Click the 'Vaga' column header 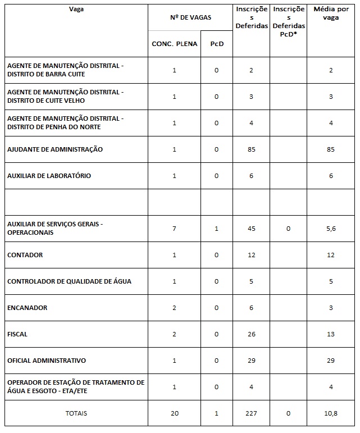[73, 10]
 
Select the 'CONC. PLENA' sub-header [175, 44]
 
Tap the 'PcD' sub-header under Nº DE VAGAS [216, 44]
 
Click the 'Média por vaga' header [331, 13]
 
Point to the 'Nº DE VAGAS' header [190, 17]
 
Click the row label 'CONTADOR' [25, 255]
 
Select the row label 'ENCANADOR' [27, 308]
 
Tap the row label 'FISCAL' [17, 334]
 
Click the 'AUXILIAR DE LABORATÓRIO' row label [49, 176]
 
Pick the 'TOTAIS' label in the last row [76, 413]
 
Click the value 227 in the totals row [251, 413]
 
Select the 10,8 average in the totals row [331, 413]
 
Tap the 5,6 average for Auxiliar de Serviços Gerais [331, 228]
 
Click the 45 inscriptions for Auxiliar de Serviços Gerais [251, 228]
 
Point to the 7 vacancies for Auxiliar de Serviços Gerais [175, 228]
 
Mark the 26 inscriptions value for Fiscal [251, 334]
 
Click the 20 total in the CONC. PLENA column [175, 413]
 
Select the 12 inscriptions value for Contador [251, 255]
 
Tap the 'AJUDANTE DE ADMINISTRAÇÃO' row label [54, 149]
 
